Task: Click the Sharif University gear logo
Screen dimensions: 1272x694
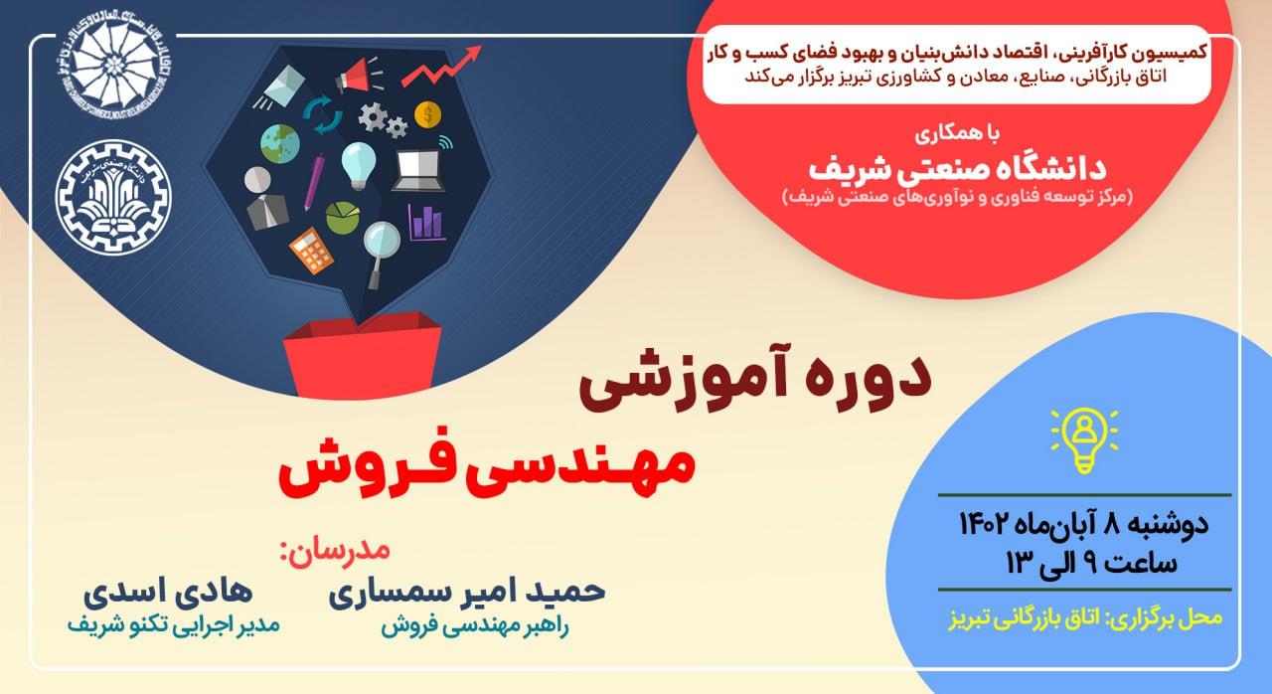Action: click(113, 197)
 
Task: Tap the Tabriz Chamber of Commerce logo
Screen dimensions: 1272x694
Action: click(113, 64)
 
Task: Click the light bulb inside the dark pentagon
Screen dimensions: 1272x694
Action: click(359, 166)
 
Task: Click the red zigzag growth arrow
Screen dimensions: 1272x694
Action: click(441, 66)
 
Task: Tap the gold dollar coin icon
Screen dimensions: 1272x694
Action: click(427, 114)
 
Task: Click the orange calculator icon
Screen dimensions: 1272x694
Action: click(311, 251)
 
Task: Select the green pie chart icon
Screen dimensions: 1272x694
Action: click(343, 217)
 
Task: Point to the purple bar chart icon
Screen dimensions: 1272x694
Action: click(426, 222)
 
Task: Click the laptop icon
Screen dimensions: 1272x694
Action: click(419, 170)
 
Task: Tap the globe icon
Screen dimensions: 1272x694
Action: click(280, 144)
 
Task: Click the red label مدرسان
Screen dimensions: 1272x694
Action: click(335, 552)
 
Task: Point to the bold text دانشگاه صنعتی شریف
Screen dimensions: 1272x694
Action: click(957, 169)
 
